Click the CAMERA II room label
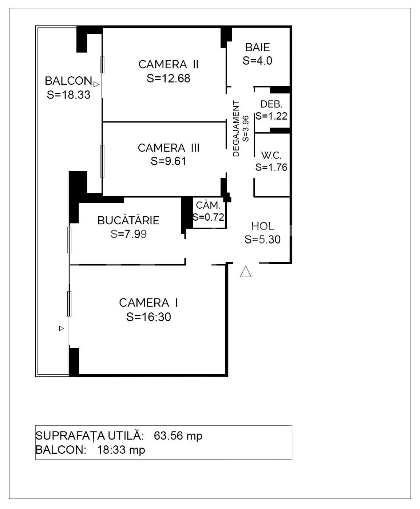click(x=169, y=64)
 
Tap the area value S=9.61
click(x=169, y=161)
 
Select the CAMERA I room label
click(x=148, y=302)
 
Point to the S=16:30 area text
click(x=148, y=317)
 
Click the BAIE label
click(x=257, y=47)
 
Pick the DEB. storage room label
click(x=271, y=104)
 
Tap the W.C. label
click(x=271, y=156)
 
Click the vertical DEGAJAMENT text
click(x=236, y=129)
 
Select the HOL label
click(x=262, y=226)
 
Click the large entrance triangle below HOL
click(x=246, y=272)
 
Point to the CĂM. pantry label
click(x=208, y=205)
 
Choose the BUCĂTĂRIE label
click(x=128, y=220)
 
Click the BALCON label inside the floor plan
click(x=68, y=81)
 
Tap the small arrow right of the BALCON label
click(x=96, y=84)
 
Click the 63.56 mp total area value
click(x=178, y=436)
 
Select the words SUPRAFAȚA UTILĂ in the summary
click(x=88, y=436)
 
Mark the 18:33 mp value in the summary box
click(x=121, y=450)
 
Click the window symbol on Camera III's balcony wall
click(x=102, y=161)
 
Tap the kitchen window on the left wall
click(x=70, y=240)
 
